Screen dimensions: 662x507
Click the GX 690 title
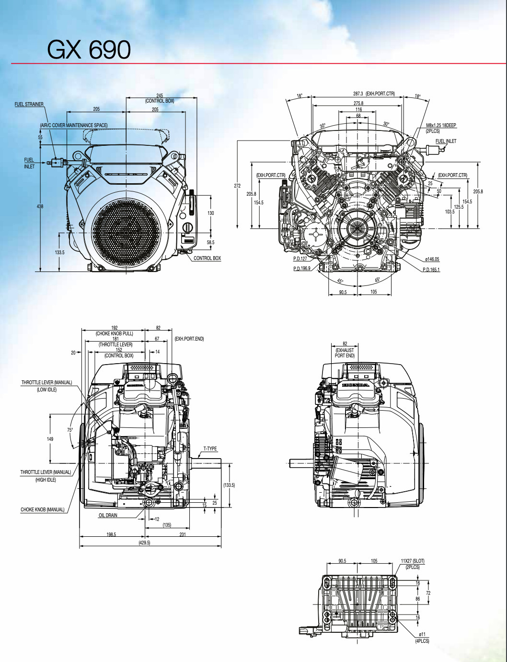pyautogui.click(x=89, y=49)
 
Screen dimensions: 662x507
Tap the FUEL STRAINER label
pyautogui.click(x=29, y=104)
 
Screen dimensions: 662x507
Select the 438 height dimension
pyautogui.click(x=40, y=206)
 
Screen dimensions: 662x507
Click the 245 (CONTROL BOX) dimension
pyautogui.click(x=160, y=98)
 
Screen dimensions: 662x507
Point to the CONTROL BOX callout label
pyautogui.click(x=207, y=258)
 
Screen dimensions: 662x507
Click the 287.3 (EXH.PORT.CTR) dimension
pyautogui.click(x=374, y=94)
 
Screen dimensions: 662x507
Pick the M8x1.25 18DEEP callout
pyautogui.click(x=441, y=126)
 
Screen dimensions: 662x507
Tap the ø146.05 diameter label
pyautogui.click(x=432, y=259)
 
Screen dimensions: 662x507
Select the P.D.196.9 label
pyautogui.click(x=302, y=269)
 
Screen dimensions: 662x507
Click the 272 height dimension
pyautogui.click(x=237, y=186)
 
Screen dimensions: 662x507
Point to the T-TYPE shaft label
pyautogui.click(x=210, y=449)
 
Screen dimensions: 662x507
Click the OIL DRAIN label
pyautogui.click(x=108, y=515)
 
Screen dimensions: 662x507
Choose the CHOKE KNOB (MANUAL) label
pyautogui.click(x=42, y=509)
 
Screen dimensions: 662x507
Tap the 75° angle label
pyautogui.click(x=70, y=430)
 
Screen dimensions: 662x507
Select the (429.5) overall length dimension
pyautogui.click(x=144, y=543)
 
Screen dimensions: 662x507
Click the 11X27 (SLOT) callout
pyautogui.click(x=412, y=561)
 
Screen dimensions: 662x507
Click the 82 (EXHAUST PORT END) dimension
pyautogui.click(x=345, y=350)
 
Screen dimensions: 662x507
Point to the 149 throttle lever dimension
pyautogui.click(x=50, y=439)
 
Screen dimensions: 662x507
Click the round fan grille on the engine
pyautogui.click(x=126, y=232)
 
